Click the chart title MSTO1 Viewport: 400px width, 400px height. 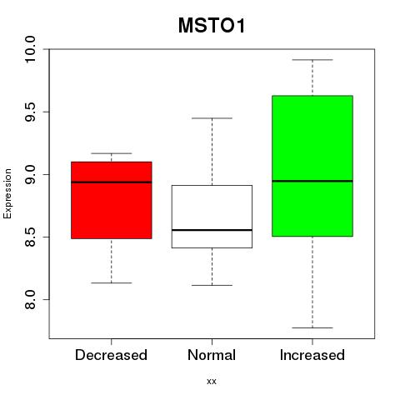pyautogui.click(x=212, y=26)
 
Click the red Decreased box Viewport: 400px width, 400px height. pyautogui.click(x=112, y=200)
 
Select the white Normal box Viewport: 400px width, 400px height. pyautogui.click(x=212, y=217)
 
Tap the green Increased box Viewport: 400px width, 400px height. pyautogui.click(x=312, y=166)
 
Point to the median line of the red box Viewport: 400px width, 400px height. pyautogui.click(x=112, y=182)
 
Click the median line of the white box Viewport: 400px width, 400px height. pyautogui.click(x=212, y=230)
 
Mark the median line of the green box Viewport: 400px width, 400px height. pyautogui.click(x=312, y=181)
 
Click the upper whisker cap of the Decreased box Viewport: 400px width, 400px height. pyautogui.click(x=112, y=153)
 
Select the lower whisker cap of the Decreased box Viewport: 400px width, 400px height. pyautogui.click(x=112, y=282)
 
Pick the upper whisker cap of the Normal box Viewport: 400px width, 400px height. pyautogui.click(x=212, y=118)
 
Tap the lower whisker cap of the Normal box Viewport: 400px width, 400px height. pyautogui.click(x=212, y=285)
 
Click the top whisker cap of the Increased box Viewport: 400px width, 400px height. pyautogui.click(x=312, y=60)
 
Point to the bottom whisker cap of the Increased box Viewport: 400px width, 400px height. pyautogui.click(x=312, y=327)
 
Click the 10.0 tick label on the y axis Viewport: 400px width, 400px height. pyautogui.click(x=30, y=49)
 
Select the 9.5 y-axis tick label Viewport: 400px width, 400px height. pyautogui.click(x=30, y=112)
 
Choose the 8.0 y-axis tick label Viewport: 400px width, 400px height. pyautogui.click(x=30, y=300)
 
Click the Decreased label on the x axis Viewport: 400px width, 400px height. pyautogui.click(x=111, y=355)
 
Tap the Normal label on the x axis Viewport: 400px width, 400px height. pyautogui.click(x=212, y=355)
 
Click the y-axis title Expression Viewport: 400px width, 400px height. pyautogui.click(x=7, y=193)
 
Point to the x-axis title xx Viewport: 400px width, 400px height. pyautogui.click(x=212, y=381)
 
